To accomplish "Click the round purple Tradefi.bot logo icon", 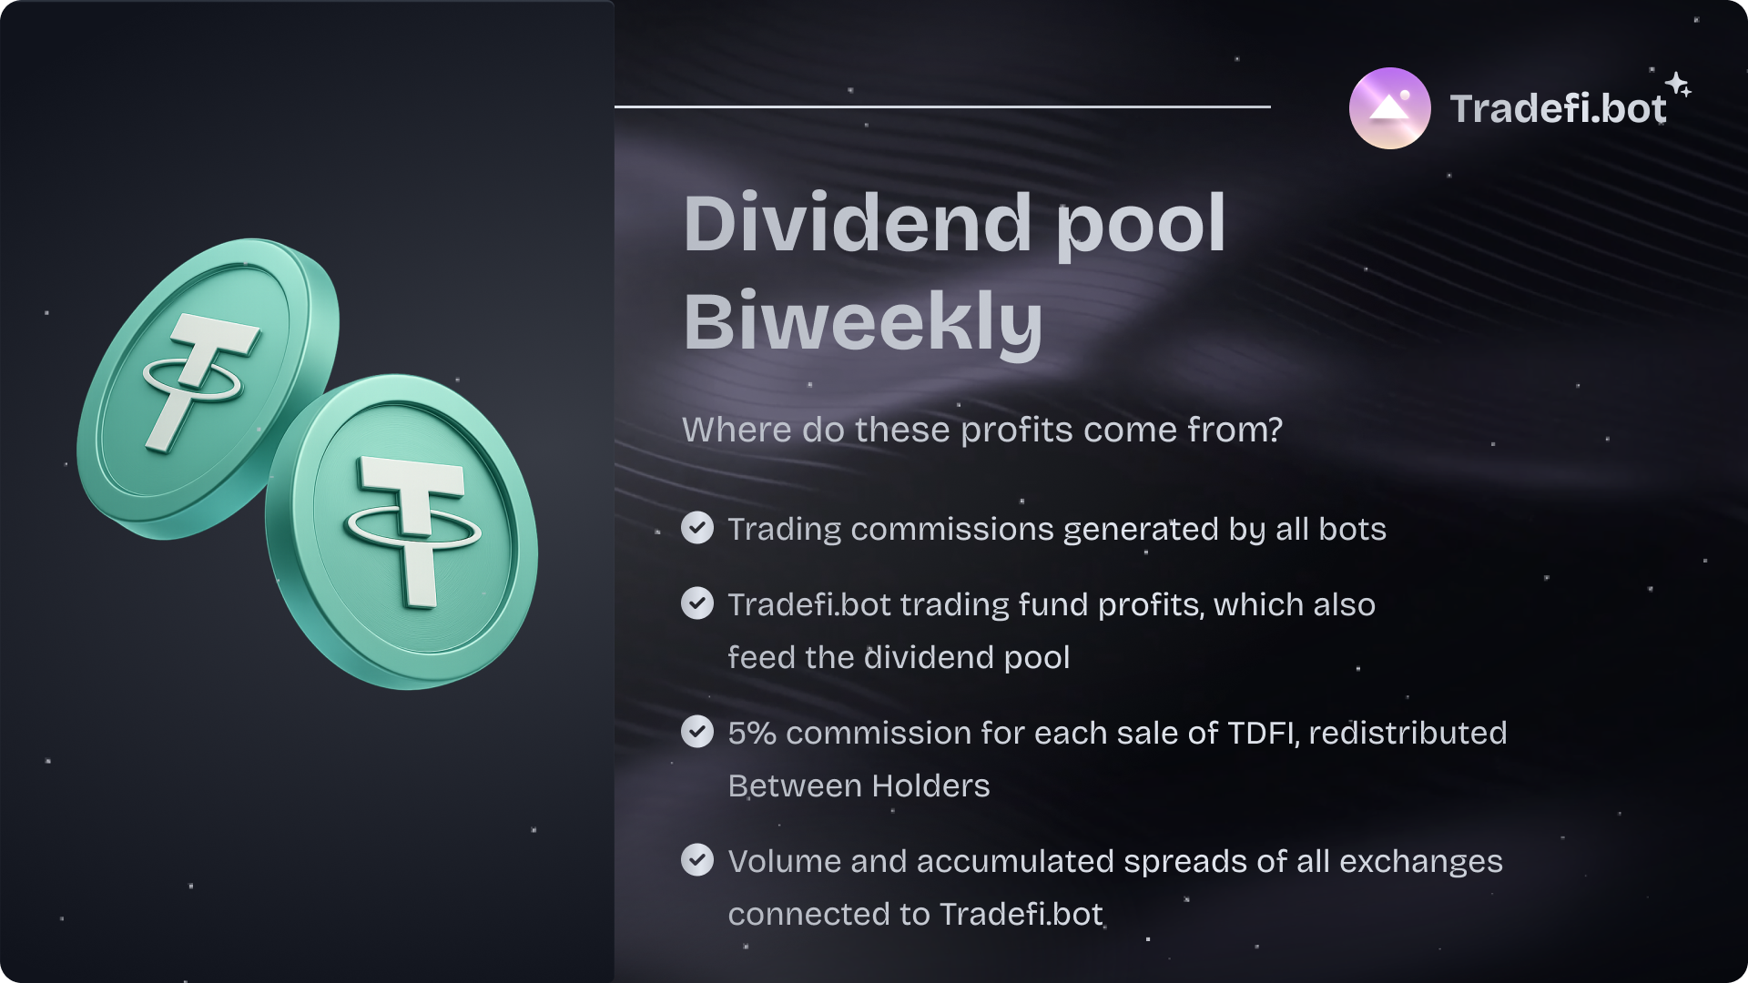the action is point(1389,108).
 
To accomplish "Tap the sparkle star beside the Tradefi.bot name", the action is point(1679,85).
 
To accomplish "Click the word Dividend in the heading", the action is point(858,223).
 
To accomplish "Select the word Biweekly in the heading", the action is point(863,322).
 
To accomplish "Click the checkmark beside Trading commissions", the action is point(697,528).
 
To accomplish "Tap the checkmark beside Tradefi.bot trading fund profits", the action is point(697,603).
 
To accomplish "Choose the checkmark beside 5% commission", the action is point(697,732).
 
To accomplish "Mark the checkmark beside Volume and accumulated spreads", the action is point(697,860).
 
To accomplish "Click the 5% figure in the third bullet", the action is point(752,733).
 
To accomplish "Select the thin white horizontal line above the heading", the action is point(942,106).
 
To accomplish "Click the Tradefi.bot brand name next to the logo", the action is point(1558,108).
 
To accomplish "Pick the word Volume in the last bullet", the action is point(785,861).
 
